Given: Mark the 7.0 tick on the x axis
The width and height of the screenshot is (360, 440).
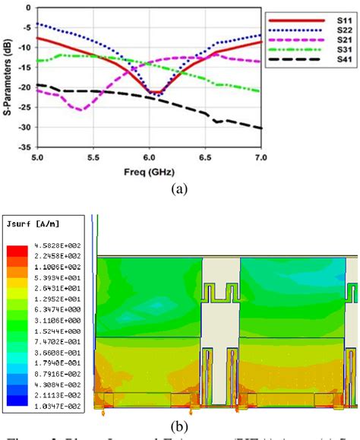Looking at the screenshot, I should coord(262,157).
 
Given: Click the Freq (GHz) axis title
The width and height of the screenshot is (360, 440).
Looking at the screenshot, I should coord(150,171).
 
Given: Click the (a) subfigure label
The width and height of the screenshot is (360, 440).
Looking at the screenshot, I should coord(179,187).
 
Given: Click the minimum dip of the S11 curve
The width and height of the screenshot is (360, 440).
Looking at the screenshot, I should coord(153,92).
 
